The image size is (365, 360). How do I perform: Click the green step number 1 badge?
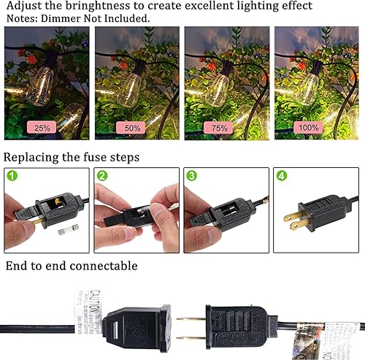(x=13, y=176)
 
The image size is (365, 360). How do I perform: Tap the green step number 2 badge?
(x=103, y=176)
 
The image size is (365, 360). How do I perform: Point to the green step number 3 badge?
(x=191, y=176)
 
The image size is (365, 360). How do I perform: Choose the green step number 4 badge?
(x=282, y=176)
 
